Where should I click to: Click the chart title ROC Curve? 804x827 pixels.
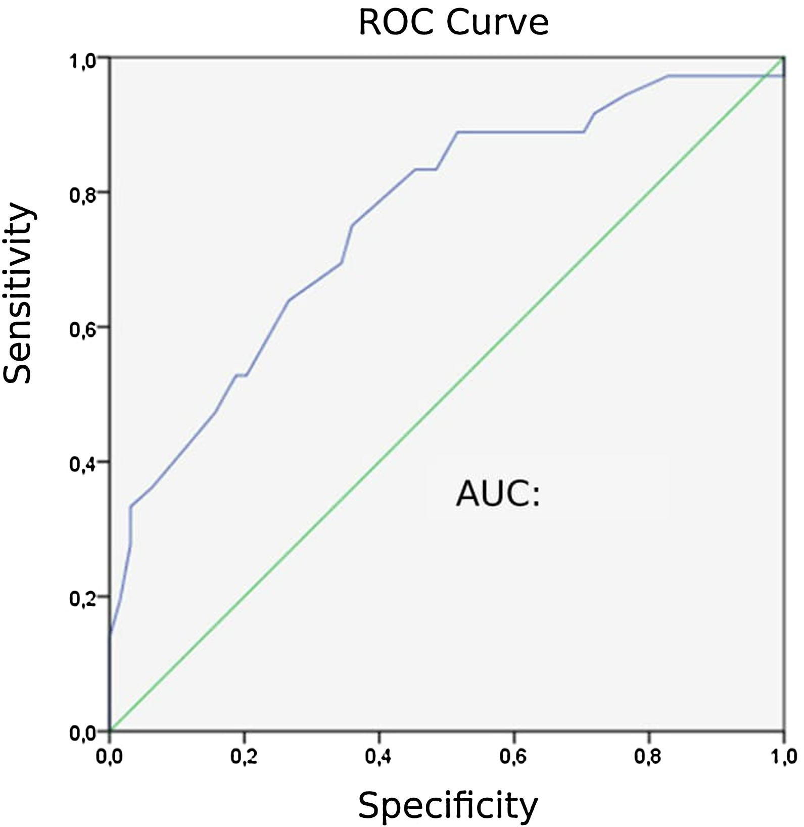point(453,23)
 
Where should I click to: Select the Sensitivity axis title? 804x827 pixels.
point(18,293)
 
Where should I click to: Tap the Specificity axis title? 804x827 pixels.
point(448,805)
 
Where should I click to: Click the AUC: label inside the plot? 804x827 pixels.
point(498,494)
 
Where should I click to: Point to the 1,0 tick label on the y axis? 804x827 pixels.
point(82,61)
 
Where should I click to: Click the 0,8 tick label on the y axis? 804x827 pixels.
point(82,195)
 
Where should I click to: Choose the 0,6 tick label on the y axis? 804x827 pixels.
point(82,330)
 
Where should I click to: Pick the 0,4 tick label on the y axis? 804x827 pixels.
point(82,465)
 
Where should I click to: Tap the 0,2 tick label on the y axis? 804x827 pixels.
point(82,599)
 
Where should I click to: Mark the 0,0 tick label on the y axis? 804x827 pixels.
point(82,734)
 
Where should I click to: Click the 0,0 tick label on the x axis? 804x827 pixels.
point(110,758)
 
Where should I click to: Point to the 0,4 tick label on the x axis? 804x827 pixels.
point(379,758)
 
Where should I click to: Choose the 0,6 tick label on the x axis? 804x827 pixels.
point(514,758)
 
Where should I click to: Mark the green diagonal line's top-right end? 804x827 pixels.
point(783,58)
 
